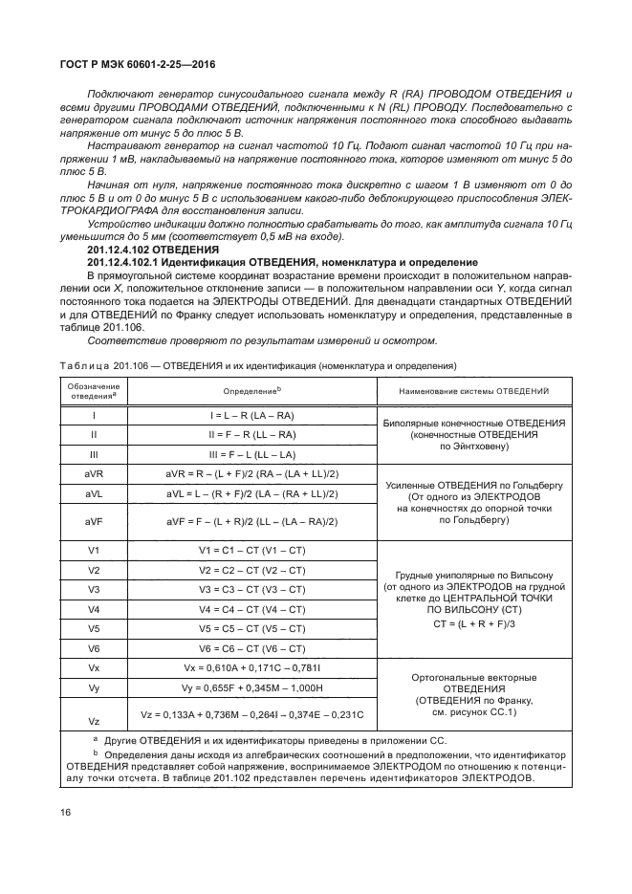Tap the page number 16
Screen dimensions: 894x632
pos(66,813)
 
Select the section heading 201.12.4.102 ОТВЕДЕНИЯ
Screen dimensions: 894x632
pos(140,250)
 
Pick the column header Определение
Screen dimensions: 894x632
pos(251,391)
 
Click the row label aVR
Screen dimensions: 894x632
pos(94,474)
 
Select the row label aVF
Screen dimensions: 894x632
pos(94,521)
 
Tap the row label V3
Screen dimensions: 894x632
pos(94,589)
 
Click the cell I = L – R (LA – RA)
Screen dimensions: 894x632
pos(251,415)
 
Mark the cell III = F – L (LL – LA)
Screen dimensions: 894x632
pos(251,454)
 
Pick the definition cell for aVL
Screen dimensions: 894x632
pos(251,493)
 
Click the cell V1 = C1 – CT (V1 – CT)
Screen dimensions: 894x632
pos(251,550)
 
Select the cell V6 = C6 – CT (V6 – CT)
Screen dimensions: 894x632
pos(251,648)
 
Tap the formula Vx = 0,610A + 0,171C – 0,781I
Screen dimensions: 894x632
pos(251,667)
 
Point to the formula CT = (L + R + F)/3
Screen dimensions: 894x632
pos(473,623)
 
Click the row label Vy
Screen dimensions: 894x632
pos(94,687)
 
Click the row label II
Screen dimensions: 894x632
pos(94,434)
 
